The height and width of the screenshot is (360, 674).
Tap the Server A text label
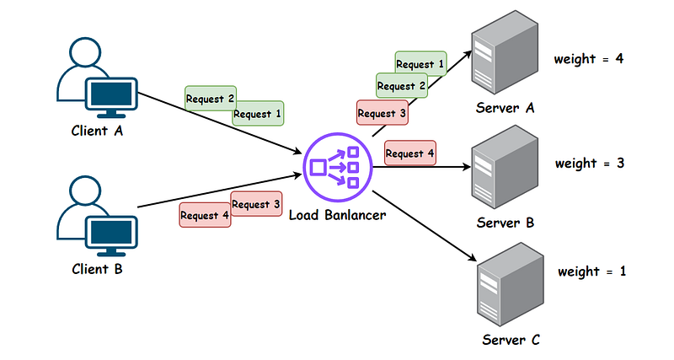click(505, 108)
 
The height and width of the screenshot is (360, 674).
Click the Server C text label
click(511, 340)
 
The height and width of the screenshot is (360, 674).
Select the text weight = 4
click(588, 59)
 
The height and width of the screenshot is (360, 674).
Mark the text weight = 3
click(589, 163)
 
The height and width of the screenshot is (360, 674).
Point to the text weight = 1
click(591, 272)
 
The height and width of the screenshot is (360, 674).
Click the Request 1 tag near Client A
click(258, 114)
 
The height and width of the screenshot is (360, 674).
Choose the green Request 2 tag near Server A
click(402, 85)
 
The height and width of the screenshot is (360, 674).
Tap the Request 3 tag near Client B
click(256, 204)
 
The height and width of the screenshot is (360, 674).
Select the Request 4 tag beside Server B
click(410, 153)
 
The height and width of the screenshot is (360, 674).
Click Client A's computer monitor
click(109, 95)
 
